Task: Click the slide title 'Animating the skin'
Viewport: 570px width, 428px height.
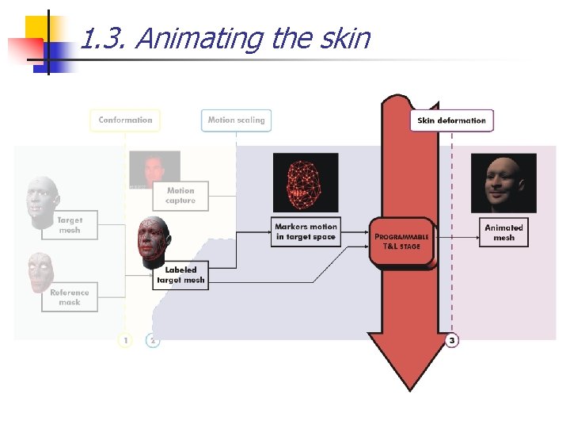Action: [x=226, y=38]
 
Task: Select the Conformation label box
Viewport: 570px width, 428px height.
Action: [x=125, y=120]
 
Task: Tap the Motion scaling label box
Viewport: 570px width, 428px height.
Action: [x=236, y=120]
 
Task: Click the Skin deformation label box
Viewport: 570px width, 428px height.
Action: [x=452, y=120]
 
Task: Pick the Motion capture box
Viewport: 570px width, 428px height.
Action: [x=180, y=195]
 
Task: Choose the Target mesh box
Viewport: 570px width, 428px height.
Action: [x=70, y=225]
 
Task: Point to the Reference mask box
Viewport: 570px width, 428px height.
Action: [x=70, y=296]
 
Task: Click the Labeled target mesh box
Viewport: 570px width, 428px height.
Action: [x=180, y=275]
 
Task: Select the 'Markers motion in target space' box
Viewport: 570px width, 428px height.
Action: [x=306, y=231]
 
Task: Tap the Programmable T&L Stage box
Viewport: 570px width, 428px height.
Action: [x=402, y=241]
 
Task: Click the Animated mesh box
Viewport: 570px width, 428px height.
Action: [x=503, y=232]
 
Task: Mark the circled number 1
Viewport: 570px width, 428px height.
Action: [x=125, y=340]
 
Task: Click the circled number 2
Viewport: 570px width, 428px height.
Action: [x=153, y=340]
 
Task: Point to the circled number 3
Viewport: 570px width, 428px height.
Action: [x=451, y=340]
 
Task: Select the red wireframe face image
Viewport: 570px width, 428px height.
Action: [x=305, y=182]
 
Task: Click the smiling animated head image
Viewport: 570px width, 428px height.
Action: [x=503, y=183]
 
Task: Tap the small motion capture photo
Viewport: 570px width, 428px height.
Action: [x=155, y=168]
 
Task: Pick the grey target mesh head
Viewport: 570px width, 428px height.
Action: [x=42, y=201]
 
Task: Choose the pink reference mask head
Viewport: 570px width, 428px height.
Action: [x=40, y=272]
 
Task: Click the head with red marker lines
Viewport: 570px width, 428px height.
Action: [x=152, y=242]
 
